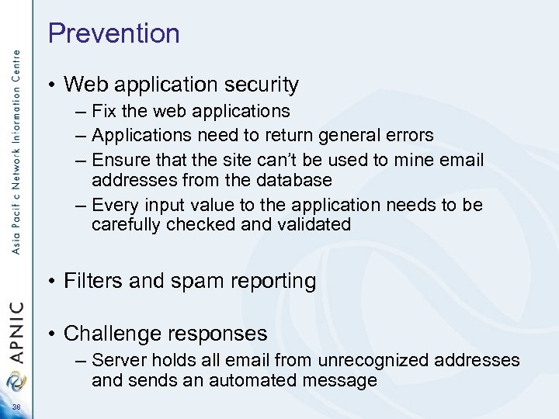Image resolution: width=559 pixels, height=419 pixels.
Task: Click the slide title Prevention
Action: [x=113, y=33]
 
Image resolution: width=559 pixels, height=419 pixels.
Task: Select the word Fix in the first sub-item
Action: [x=104, y=112]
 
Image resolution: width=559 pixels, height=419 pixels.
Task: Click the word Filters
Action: [x=92, y=280]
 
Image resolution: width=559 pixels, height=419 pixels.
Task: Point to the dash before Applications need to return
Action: [x=81, y=136]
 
